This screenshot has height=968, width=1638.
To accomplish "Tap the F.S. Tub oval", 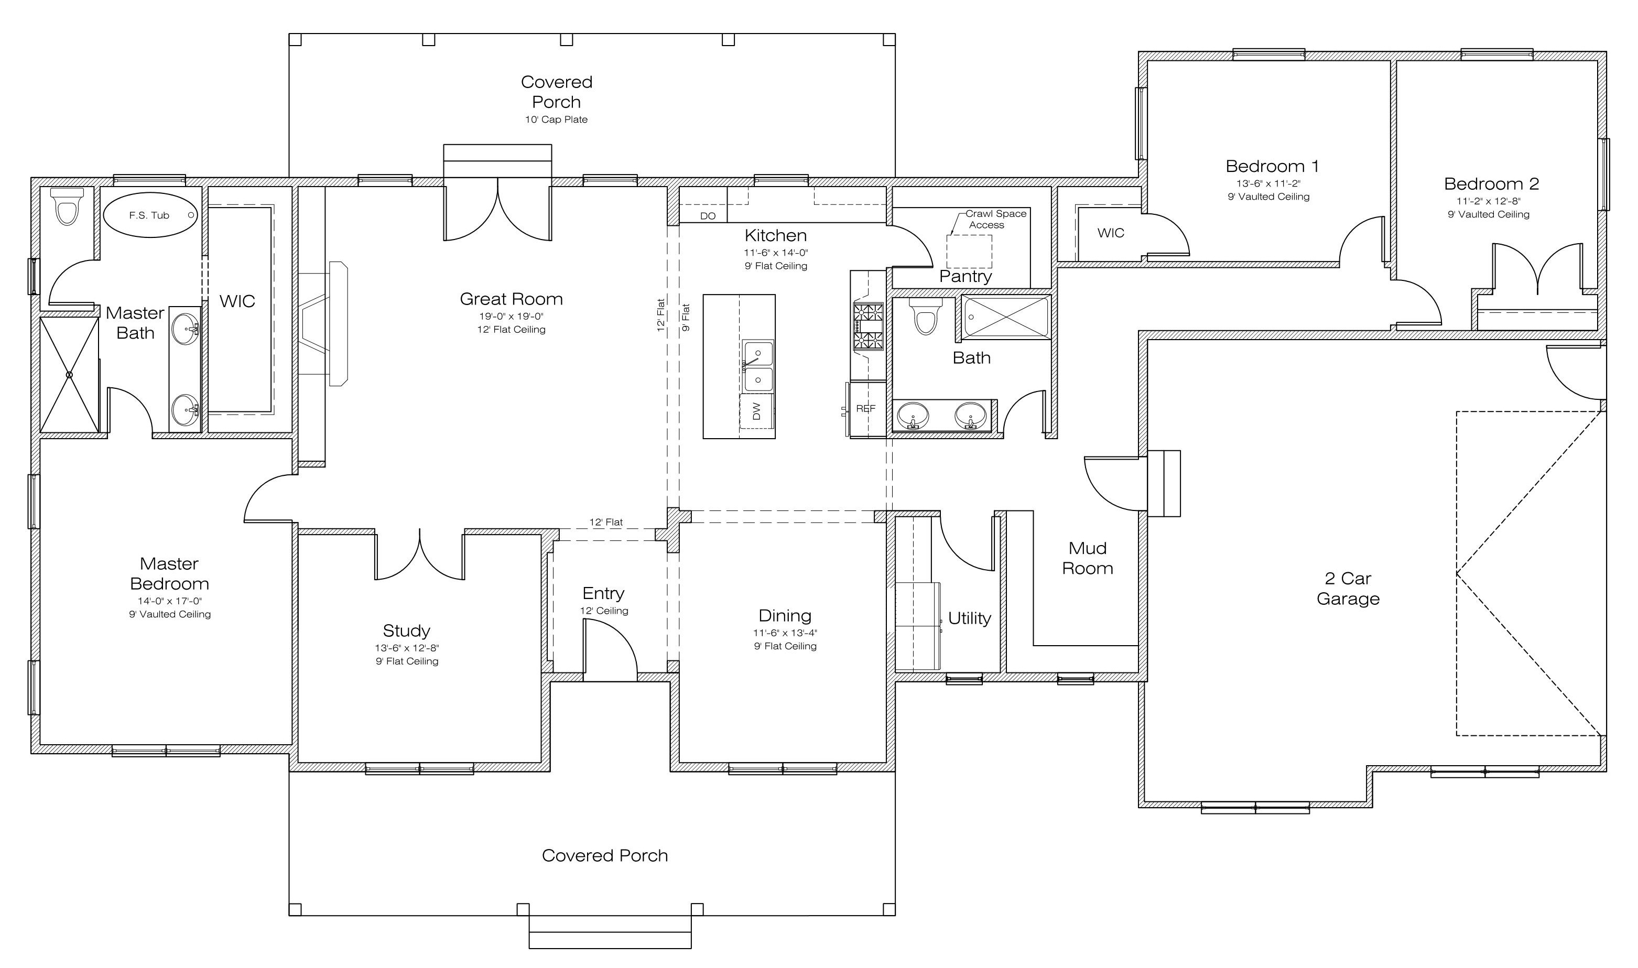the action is point(150,214).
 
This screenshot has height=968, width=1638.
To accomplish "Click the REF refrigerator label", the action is point(865,409).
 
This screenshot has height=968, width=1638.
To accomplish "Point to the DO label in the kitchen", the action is point(708,216).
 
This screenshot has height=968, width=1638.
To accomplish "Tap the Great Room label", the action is point(512,299).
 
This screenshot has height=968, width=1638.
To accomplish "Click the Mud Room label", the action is point(1088,558).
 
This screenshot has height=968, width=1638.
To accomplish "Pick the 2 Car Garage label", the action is point(1348,589).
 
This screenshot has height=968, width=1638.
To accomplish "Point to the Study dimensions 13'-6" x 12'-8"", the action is point(407,648).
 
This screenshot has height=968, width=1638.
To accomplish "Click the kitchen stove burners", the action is point(868,326).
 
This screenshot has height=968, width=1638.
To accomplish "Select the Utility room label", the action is point(969,618).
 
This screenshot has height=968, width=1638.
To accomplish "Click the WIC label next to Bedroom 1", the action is point(1111,233).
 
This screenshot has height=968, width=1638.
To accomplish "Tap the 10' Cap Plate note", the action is point(557,119).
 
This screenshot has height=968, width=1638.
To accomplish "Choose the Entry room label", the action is point(603,594).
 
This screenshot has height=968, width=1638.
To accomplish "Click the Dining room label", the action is point(785,616).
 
